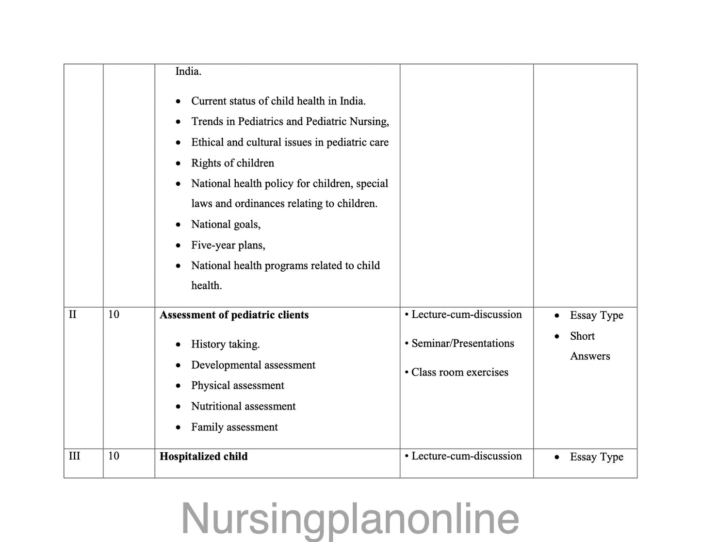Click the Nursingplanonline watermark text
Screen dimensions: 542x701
[x=350, y=519]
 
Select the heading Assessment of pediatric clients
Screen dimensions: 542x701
[x=234, y=315]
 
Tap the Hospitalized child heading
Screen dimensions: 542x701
[x=203, y=457]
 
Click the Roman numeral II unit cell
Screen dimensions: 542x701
[x=73, y=314]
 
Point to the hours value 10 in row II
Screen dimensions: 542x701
[x=114, y=314]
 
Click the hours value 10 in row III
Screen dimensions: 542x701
[x=114, y=456]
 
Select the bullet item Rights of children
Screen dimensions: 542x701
[x=232, y=163]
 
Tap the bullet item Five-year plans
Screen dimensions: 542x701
[x=228, y=245]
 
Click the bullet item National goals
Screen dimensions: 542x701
[x=226, y=224]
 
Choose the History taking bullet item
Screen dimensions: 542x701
[x=225, y=345]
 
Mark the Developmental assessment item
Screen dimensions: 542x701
[x=253, y=365]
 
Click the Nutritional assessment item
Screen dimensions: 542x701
[x=243, y=406]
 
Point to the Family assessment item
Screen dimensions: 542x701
[x=234, y=427]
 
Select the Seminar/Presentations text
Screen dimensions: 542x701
[x=462, y=344]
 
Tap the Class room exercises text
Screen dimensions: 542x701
[x=459, y=373]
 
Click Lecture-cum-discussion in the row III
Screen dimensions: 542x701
[x=466, y=456]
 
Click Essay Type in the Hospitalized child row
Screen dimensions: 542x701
[x=596, y=457]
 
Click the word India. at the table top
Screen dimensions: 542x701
[x=188, y=71]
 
